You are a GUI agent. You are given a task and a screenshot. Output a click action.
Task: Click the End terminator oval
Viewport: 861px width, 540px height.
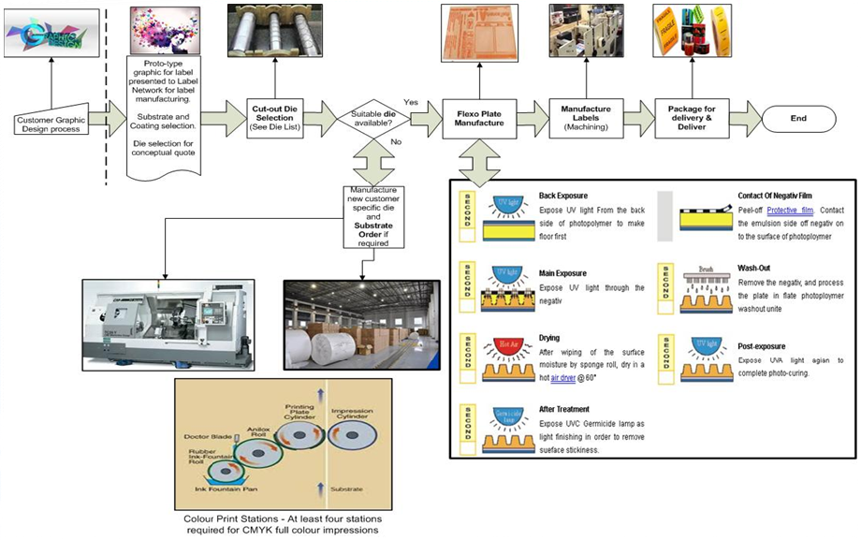797,119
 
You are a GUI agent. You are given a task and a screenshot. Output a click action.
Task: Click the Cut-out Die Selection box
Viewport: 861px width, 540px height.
273,118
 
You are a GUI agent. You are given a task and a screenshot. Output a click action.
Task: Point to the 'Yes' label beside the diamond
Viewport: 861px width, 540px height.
410,101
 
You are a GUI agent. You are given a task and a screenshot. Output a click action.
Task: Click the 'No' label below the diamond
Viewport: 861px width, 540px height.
396,141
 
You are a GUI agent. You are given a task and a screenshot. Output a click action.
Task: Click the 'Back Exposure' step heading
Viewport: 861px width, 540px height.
564,197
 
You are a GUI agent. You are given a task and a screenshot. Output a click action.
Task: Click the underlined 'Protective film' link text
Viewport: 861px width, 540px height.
790,212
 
